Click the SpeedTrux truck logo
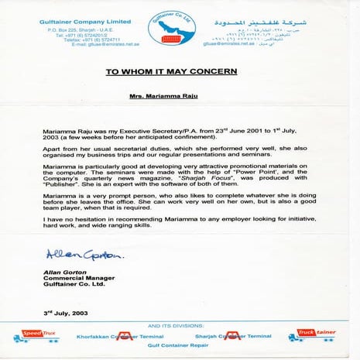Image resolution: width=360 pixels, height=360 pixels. tap(35, 336)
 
